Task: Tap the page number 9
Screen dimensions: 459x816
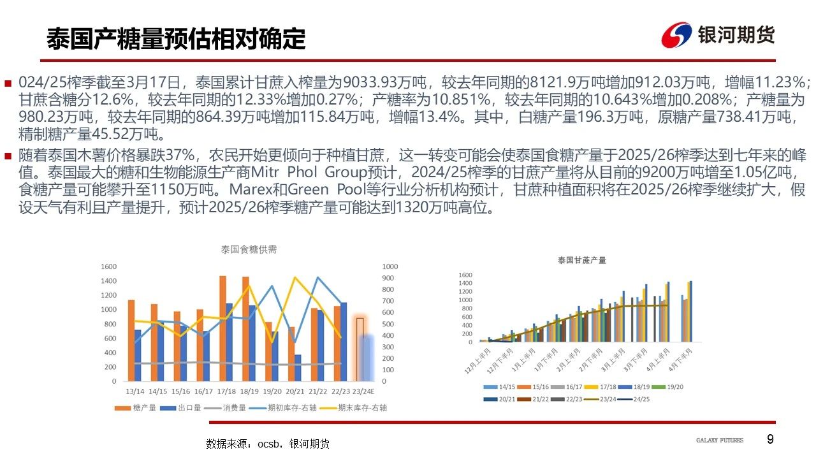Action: (770, 439)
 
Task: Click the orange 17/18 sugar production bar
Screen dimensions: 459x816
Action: (222, 328)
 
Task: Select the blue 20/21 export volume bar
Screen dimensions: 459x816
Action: (298, 368)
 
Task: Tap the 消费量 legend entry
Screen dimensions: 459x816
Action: (234, 408)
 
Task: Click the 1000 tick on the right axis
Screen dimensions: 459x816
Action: (390, 266)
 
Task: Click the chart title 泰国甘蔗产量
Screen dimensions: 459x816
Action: (581, 260)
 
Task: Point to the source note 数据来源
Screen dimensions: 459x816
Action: (268, 444)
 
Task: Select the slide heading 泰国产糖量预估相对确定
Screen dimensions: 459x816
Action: (176, 40)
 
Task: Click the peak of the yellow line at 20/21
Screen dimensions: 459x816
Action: (295, 277)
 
